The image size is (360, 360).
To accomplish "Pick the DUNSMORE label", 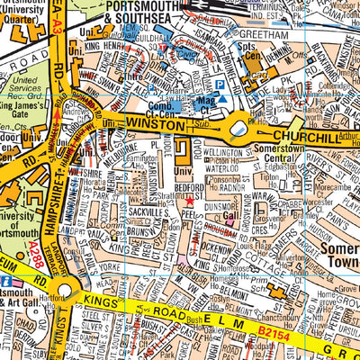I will point(221,205).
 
